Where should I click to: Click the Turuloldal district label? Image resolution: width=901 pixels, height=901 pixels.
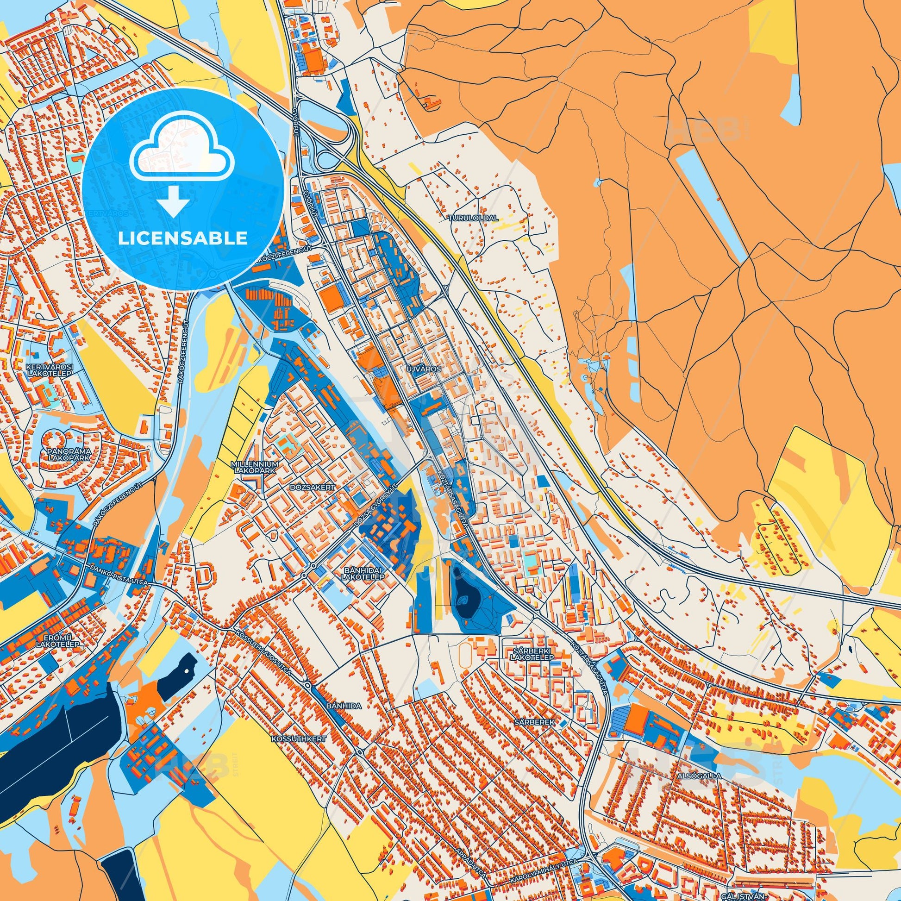tap(473, 218)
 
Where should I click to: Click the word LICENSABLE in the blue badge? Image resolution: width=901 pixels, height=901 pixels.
tap(183, 238)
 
